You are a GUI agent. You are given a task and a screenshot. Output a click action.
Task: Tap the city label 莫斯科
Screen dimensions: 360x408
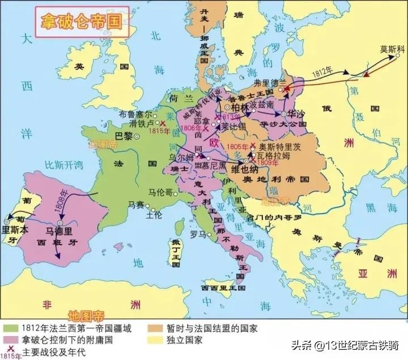(392, 49)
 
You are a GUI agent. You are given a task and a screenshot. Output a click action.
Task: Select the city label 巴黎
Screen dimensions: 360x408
(124, 136)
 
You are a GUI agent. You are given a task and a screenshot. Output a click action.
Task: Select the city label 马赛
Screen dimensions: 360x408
(137, 204)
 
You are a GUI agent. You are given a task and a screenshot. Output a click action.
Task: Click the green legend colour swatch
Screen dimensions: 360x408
(10, 328)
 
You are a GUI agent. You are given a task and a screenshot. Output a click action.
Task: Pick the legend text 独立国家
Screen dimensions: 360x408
(185, 341)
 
